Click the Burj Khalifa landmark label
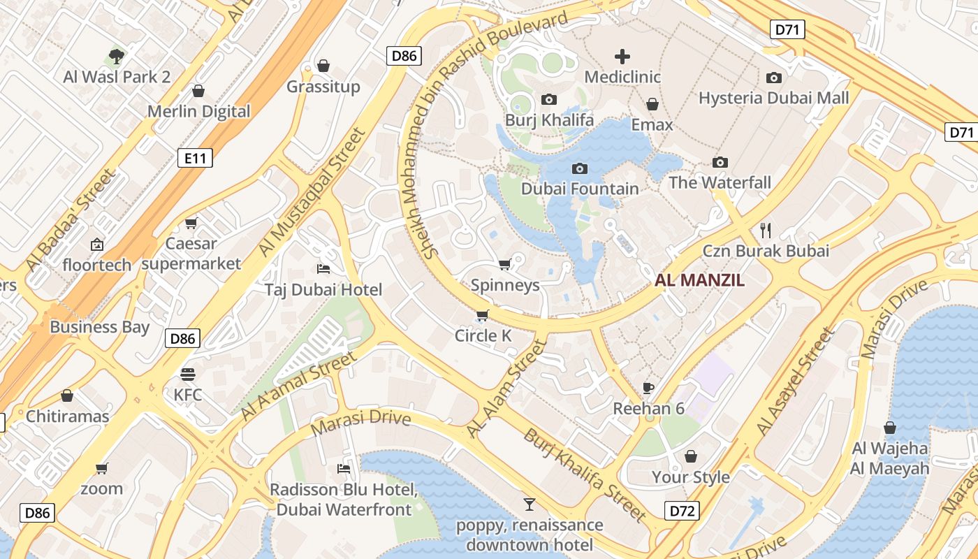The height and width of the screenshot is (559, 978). point(549,120)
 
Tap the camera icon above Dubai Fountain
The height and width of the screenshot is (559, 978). point(579,168)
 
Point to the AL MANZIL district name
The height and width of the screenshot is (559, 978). point(699,281)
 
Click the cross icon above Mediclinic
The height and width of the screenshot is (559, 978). point(622,57)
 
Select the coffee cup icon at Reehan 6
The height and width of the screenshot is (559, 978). point(648,388)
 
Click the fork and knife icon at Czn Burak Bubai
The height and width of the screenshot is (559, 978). point(766,230)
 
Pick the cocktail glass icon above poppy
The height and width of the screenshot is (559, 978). point(530,504)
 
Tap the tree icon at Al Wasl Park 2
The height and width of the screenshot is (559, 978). point(117,56)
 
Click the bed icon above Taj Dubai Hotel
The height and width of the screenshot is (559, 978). point(323,269)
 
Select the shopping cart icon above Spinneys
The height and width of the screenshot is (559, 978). point(504,264)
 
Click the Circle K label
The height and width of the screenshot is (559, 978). point(483,336)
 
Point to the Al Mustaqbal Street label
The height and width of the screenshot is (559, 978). point(312,191)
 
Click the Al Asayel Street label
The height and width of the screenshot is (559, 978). point(795,381)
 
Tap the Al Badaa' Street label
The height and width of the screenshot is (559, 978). point(70,220)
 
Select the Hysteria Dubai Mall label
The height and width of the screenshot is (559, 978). point(774,98)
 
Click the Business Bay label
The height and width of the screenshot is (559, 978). point(100,327)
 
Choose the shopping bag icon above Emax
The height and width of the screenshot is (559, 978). point(652,105)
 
